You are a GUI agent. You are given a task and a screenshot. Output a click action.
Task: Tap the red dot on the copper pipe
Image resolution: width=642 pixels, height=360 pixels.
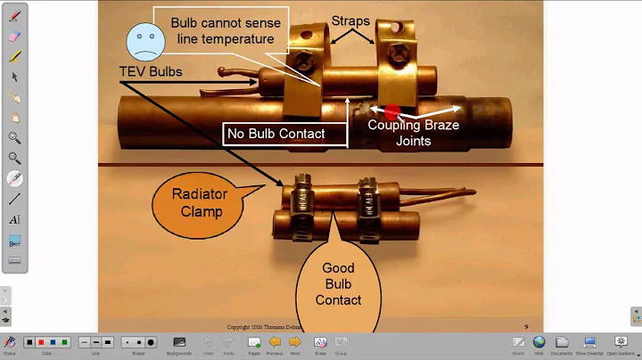[x=391, y=111]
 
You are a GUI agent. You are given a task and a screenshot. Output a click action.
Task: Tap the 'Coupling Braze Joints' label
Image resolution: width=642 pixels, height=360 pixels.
[x=414, y=132]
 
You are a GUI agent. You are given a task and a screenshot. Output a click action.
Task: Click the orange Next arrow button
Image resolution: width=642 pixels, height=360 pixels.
[x=296, y=342]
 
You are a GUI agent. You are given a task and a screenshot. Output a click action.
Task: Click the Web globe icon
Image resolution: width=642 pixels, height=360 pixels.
[x=539, y=342]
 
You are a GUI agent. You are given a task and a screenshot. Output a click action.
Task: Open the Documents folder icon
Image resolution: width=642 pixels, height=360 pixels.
[x=563, y=342]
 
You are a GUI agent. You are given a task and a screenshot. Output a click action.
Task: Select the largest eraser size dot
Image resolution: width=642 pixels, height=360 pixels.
[x=152, y=342]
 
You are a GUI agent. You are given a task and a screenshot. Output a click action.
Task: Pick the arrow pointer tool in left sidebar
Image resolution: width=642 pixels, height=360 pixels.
[x=14, y=77]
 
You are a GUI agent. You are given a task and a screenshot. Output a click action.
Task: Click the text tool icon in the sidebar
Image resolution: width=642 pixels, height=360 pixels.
[x=14, y=219]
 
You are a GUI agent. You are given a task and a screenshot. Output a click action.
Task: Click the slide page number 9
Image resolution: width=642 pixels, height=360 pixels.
[x=526, y=326]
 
